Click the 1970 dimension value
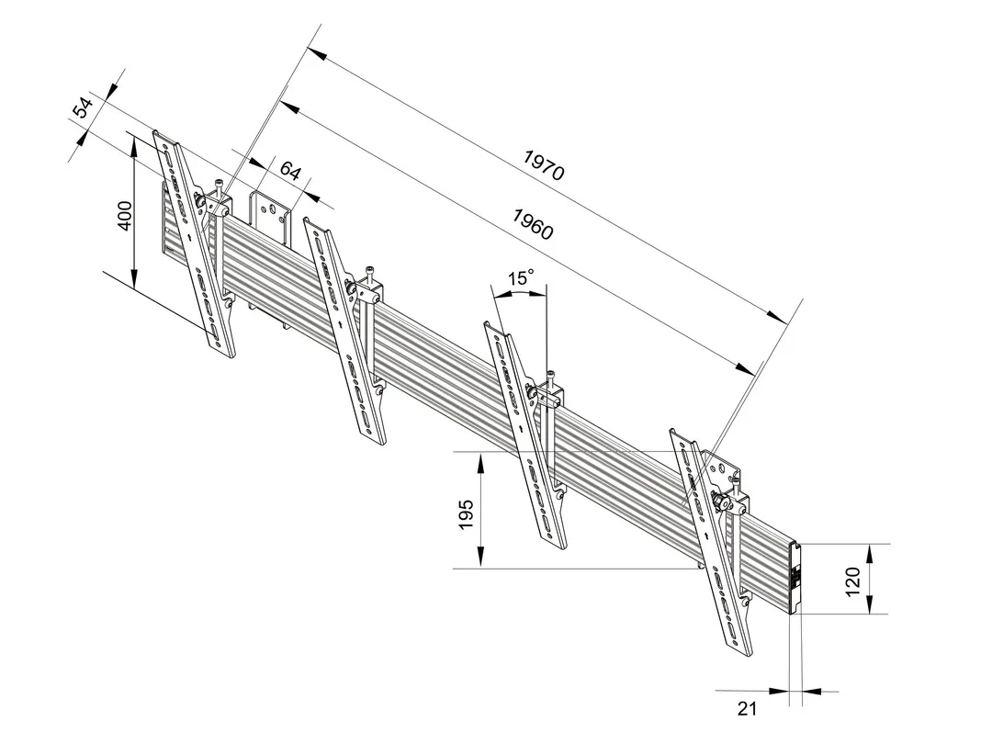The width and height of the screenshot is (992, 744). click(x=544, y=164)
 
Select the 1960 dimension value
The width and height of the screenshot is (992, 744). click(x=533, y=224)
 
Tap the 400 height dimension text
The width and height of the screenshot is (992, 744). click(x=126, y=217)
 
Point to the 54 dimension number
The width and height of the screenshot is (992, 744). click(x=84, y=107)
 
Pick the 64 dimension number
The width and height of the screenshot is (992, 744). click(x=290, y=172)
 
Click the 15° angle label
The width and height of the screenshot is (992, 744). click(x=520, y=277)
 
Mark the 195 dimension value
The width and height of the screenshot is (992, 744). click(x=466, y=513)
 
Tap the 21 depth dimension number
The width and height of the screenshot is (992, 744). click(x=747, y=709)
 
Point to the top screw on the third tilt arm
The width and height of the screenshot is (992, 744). click(x=550, y=375)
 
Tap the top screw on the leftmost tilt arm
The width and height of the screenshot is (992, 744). click(x=219, y=185)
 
